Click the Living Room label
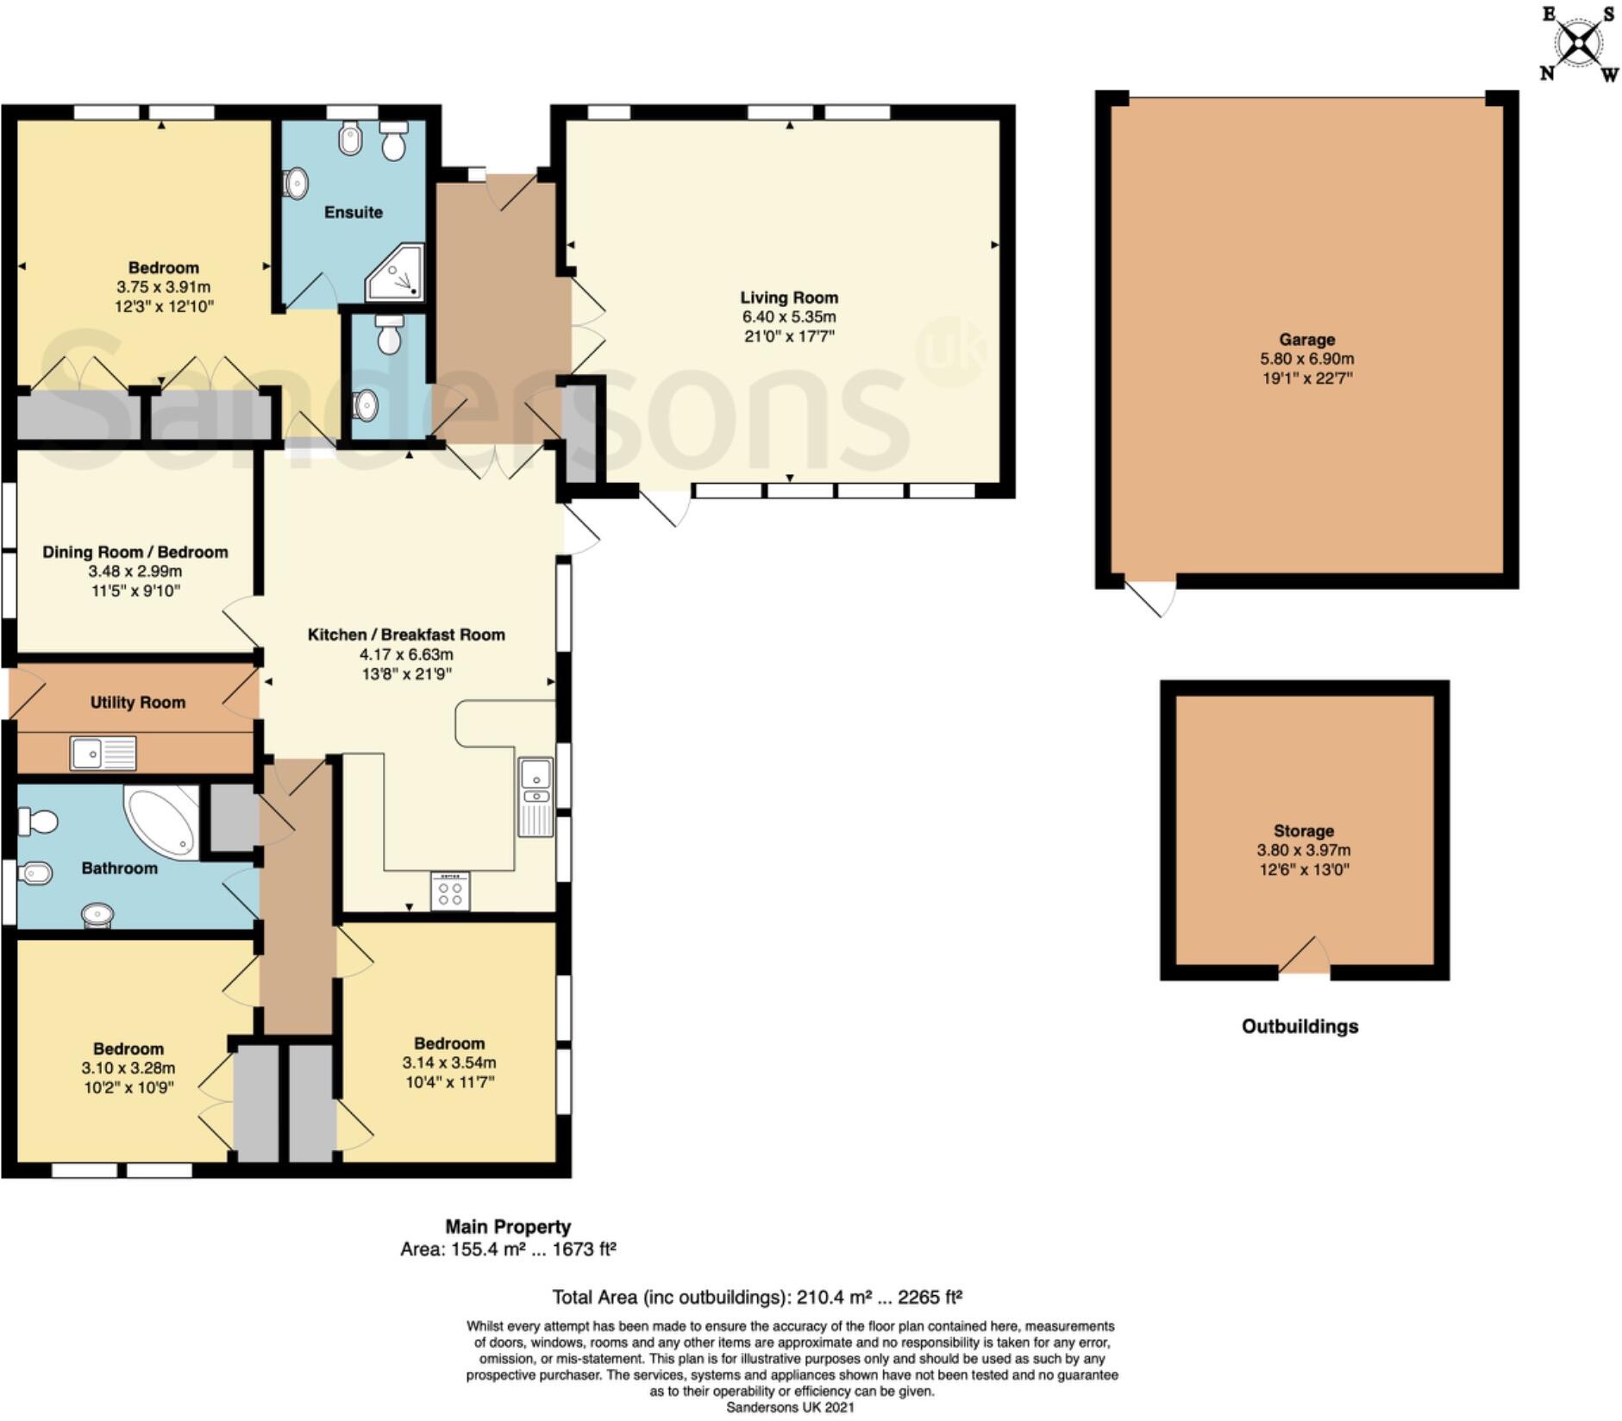[788, 297]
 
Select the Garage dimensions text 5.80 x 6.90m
[1306, 359]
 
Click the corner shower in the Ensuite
[397, 273]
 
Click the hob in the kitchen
[450, 891]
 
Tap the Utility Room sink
[103, 753]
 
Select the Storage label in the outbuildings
[1303, 830]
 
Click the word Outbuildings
[1299, 1026]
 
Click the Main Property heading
[508, 1226]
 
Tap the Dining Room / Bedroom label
[135, 552]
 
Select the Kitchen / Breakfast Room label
[406, 635]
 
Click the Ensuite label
[353, 212]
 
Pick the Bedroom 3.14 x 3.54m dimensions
[448, 1062]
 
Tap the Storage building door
[1305, 958]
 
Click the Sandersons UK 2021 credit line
[790, 1407]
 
